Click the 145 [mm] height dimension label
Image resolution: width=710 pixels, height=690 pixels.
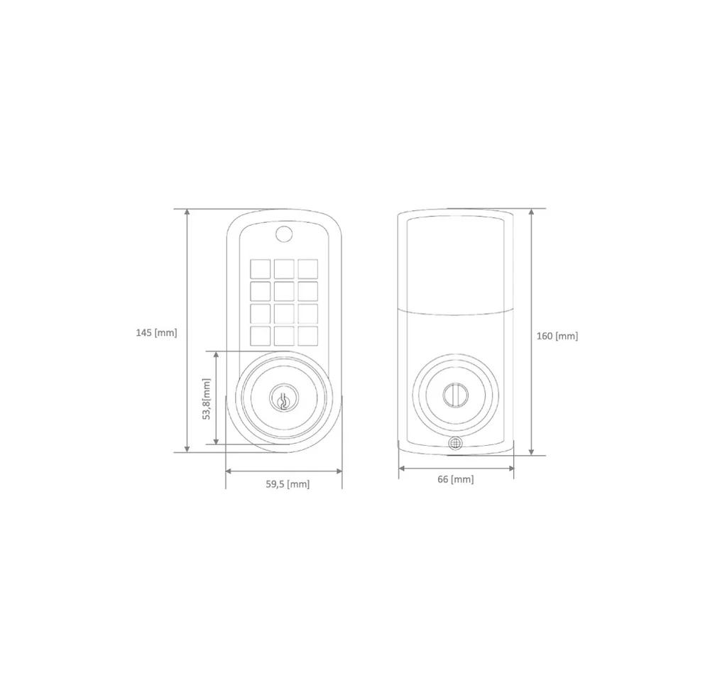(x=157, y=333)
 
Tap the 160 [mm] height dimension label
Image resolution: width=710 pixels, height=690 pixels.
(x=557, y=336)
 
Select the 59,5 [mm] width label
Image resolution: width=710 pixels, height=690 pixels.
(x=288, y=484)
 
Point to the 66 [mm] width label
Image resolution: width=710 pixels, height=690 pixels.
(x=456, y=479)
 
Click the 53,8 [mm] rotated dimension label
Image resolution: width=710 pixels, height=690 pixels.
(x=207, y=399)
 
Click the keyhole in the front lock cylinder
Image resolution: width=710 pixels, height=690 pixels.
(x=283, y=401)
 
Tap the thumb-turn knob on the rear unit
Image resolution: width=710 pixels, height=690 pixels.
(x=454, y=393)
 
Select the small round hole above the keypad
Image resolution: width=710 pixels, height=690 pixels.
(x=284, y=234)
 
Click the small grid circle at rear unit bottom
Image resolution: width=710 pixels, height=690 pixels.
(x=456, y=443)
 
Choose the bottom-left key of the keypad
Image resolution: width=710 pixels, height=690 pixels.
(x=261, y=336)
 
